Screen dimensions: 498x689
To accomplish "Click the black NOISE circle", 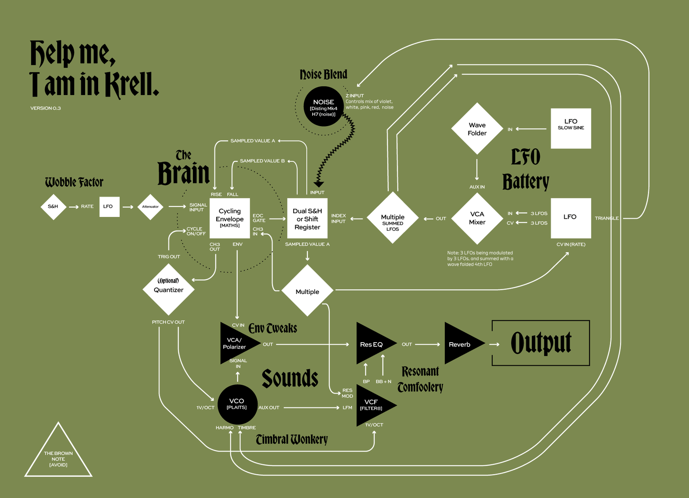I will [x=323, y=106].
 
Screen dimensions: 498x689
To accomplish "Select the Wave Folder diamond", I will [x=477, y=129].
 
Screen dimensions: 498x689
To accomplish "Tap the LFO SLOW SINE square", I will [x=571, y=128].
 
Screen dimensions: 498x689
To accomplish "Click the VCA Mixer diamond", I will [x=477, y=218].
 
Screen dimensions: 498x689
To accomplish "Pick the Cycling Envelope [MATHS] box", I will [x=230, y=218].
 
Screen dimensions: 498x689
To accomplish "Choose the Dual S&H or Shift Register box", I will [x=307, y=218].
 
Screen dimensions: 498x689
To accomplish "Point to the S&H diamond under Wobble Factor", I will [x=53, y=207].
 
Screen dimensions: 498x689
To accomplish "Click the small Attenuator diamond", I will [x=150, y=207].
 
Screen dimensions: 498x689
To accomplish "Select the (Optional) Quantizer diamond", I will [x=168, y=289].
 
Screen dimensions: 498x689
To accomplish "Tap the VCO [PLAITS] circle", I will [x=237, y=404].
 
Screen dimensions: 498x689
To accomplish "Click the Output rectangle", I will [x=540, y=343].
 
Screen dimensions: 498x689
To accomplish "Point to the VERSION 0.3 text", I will [x=46, y=108].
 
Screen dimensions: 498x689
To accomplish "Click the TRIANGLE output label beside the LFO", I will [x=606, y=218].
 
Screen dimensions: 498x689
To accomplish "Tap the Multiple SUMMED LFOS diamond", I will [x=392, y=218].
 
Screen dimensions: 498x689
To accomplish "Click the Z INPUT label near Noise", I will [x=355, y=96].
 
